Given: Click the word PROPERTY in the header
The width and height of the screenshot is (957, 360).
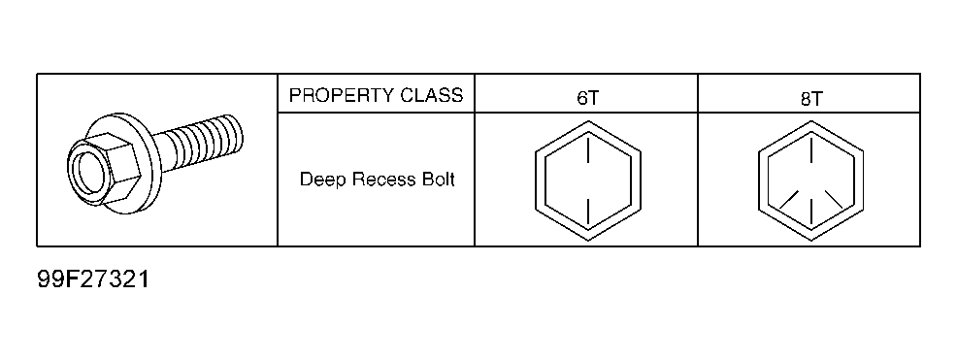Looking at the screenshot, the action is tap(342, 95).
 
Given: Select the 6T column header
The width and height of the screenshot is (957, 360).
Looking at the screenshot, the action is tap(587, 99).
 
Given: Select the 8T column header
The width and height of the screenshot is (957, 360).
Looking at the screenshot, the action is tap(810, 99).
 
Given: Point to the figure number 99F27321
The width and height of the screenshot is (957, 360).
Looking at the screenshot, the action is tap(93, 279).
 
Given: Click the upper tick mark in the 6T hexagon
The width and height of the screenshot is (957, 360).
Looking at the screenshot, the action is tap(588, 150).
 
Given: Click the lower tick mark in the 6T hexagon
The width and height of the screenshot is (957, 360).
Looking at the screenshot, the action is tap(588, 210).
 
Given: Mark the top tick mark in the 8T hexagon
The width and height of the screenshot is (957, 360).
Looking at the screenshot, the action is tap(811, 150).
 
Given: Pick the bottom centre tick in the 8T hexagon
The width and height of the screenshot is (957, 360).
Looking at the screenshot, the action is tap(811, 210).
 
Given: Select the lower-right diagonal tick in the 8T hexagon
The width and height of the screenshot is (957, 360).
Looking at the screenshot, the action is tap(835, 200).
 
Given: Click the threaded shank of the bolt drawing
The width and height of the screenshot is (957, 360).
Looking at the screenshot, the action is tap(198, 141).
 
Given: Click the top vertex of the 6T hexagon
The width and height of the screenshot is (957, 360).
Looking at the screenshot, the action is tap(588, 121).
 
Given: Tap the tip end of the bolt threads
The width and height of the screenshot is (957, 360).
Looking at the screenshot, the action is tap(237, 133).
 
